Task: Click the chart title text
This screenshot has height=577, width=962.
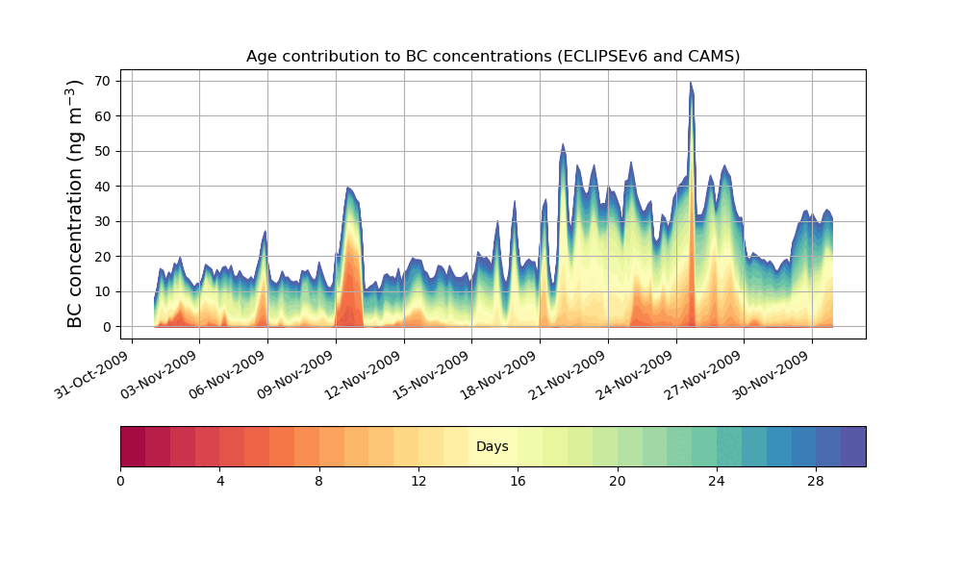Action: click(x=493, y=56)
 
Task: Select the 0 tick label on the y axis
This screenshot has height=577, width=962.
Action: click(x=108, y=327)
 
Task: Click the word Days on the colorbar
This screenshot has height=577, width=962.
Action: click(x=493, y=447)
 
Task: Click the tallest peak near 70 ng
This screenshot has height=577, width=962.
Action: click(x=691, y=84)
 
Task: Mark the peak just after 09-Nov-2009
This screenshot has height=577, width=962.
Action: click(x=349, y=188)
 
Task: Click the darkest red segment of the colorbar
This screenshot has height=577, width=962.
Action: click(x=133, y=446)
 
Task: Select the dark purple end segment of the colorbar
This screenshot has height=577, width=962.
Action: click(x=853, y=446)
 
